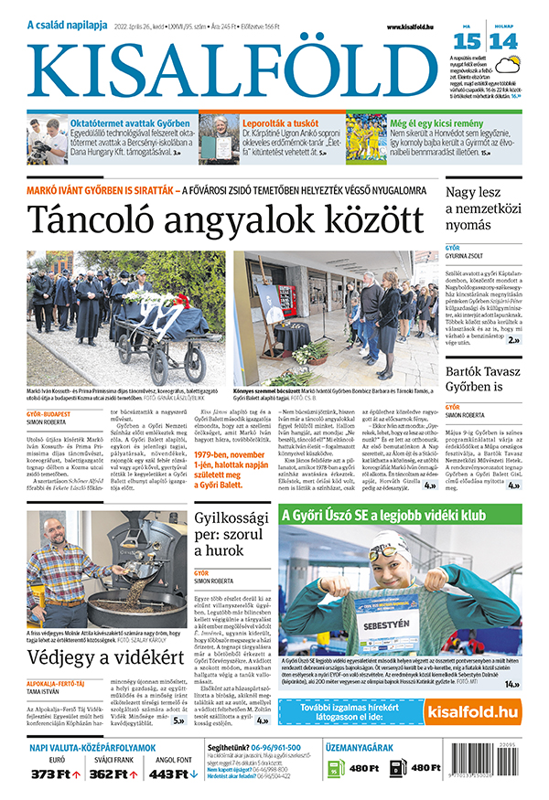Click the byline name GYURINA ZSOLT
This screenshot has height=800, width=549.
(x=470, y=255)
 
